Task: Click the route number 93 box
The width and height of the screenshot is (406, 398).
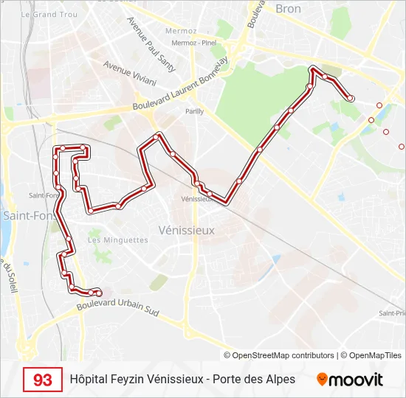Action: pos(43,380)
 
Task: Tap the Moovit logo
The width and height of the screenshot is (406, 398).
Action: pos(350,380)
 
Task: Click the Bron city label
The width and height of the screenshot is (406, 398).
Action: pos(288,9)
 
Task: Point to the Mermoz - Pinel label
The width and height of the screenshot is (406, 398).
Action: pos(194,43)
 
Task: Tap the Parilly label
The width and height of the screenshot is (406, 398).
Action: pos(195,112)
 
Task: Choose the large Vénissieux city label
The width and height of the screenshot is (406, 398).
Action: pos(187,230)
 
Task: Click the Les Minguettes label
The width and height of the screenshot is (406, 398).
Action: pos(118,240)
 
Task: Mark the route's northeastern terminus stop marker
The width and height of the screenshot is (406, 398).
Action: pos(351,98)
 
